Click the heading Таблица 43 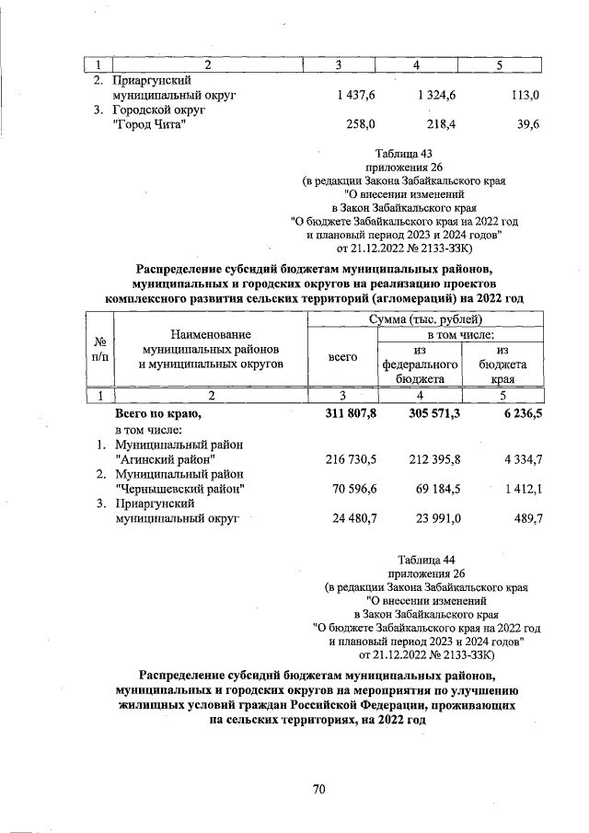click(403, 153)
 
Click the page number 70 click(319, 788)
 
